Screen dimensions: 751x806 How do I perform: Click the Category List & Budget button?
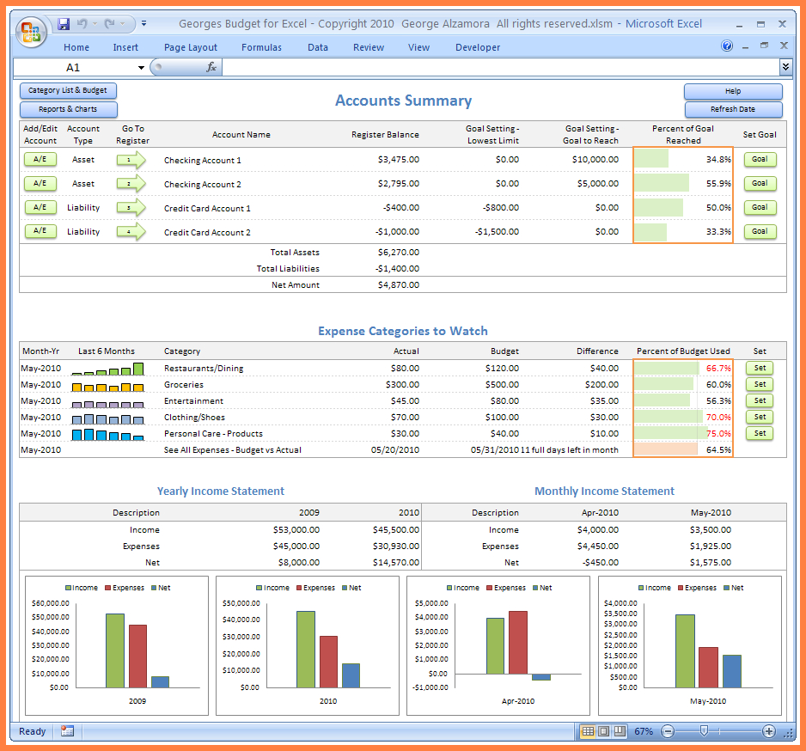click(68, 90)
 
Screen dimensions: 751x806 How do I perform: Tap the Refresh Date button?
click(733, 109)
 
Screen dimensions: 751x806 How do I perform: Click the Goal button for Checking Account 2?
click(760, 183)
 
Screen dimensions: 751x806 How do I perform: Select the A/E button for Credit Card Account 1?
click(40, 207)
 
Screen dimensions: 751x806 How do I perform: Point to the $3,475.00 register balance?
click(398, 160)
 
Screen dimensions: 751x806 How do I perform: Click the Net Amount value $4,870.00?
click(398, 285)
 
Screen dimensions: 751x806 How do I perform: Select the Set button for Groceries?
click(760, 384)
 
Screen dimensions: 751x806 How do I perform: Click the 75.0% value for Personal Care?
click(718, 434)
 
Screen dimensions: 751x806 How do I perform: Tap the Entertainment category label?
click(193, 401)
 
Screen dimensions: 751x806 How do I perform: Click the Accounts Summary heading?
click(403, 101)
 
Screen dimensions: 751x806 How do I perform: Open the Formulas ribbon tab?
click(261, 47)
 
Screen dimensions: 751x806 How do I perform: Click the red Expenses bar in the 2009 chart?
click(137, 656)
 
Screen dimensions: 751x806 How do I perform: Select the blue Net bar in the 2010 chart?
click(351, 675)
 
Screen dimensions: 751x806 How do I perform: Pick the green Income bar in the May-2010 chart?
click(685, 650)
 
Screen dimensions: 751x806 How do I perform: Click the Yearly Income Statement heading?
click(220, 492)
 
